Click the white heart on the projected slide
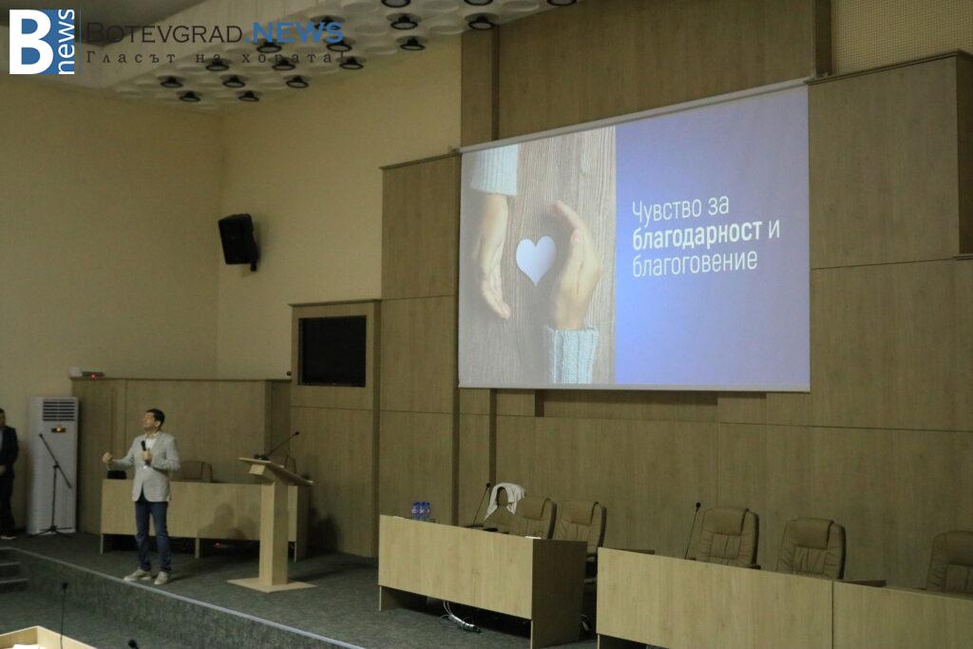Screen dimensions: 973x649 536,258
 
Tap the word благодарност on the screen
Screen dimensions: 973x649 696,235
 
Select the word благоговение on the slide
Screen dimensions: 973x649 695,263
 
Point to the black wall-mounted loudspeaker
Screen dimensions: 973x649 238,240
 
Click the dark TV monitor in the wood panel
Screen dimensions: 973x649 333,351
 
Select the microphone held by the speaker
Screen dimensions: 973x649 144,450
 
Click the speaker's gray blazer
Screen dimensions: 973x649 152,467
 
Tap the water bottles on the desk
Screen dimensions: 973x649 421,510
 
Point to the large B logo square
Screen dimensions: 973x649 42,42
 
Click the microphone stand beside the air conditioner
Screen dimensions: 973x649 54,484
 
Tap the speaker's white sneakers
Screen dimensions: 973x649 147,577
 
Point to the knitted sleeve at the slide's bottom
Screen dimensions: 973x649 571,353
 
